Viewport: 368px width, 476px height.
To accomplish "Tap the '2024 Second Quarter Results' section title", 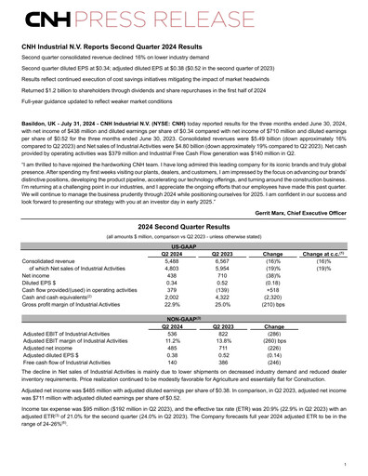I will pyautogui.click(x=183, y=226).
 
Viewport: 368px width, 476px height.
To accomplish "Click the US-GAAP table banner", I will pyautogui.click(x=183, y=245).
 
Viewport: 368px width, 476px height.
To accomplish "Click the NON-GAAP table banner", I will pyautogui.click(x=183, y=344).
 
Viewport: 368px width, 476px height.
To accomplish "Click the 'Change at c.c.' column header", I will pyautogui.click(x=323, y=254).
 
